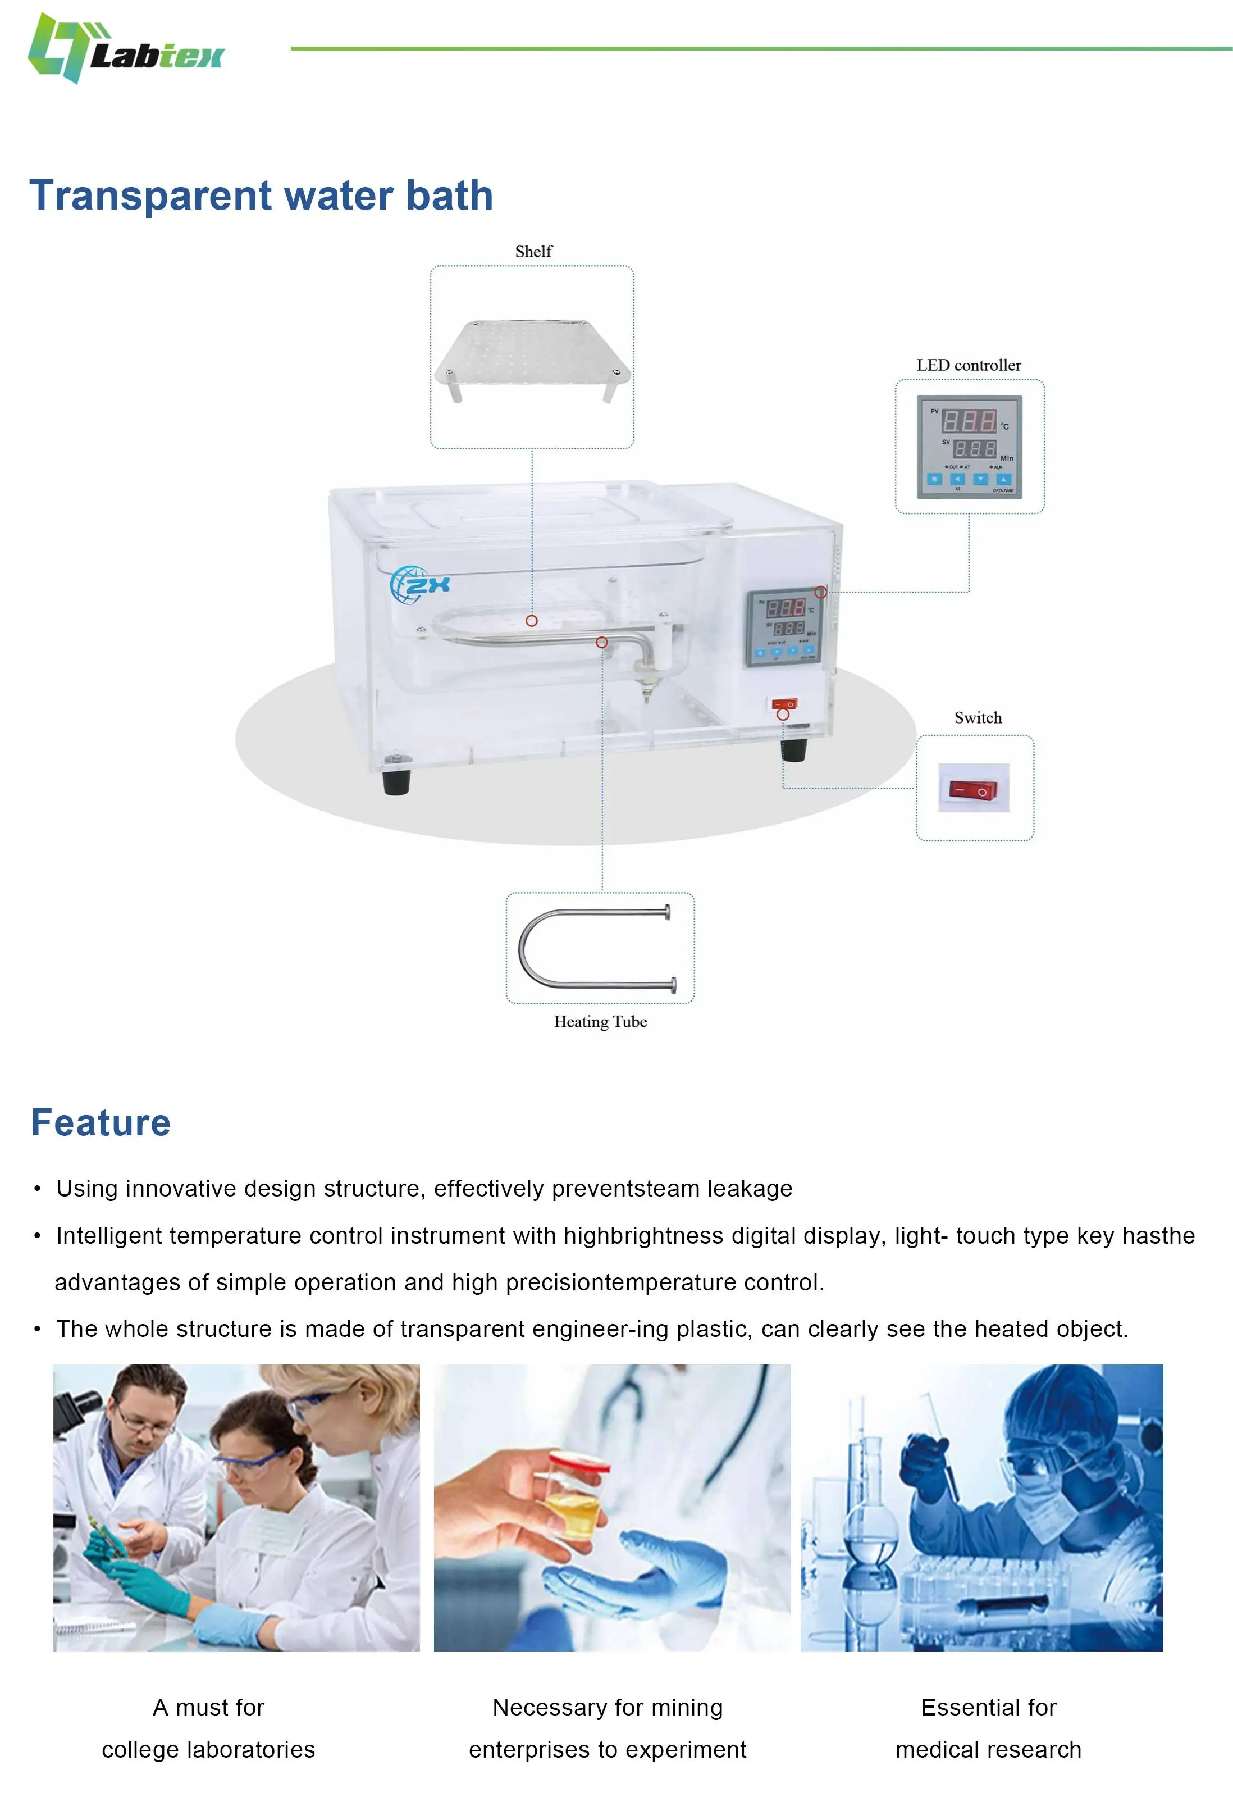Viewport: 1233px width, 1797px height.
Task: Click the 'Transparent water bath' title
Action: click(261, 195)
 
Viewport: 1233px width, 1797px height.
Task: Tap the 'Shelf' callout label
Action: click(533, 251)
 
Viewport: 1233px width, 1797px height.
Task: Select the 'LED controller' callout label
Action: click(968, 365)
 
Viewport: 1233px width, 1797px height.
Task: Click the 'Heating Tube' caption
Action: click(600, 1021)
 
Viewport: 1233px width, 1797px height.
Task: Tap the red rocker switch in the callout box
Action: click(973, 789)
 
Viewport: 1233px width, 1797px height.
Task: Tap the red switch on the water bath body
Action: click(784, 704)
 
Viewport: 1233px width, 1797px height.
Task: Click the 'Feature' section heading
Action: click(101, 1123)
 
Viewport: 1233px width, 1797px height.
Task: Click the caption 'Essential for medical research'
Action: click(988, 1727)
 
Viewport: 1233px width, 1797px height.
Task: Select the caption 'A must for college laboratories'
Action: click(209, 1727)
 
